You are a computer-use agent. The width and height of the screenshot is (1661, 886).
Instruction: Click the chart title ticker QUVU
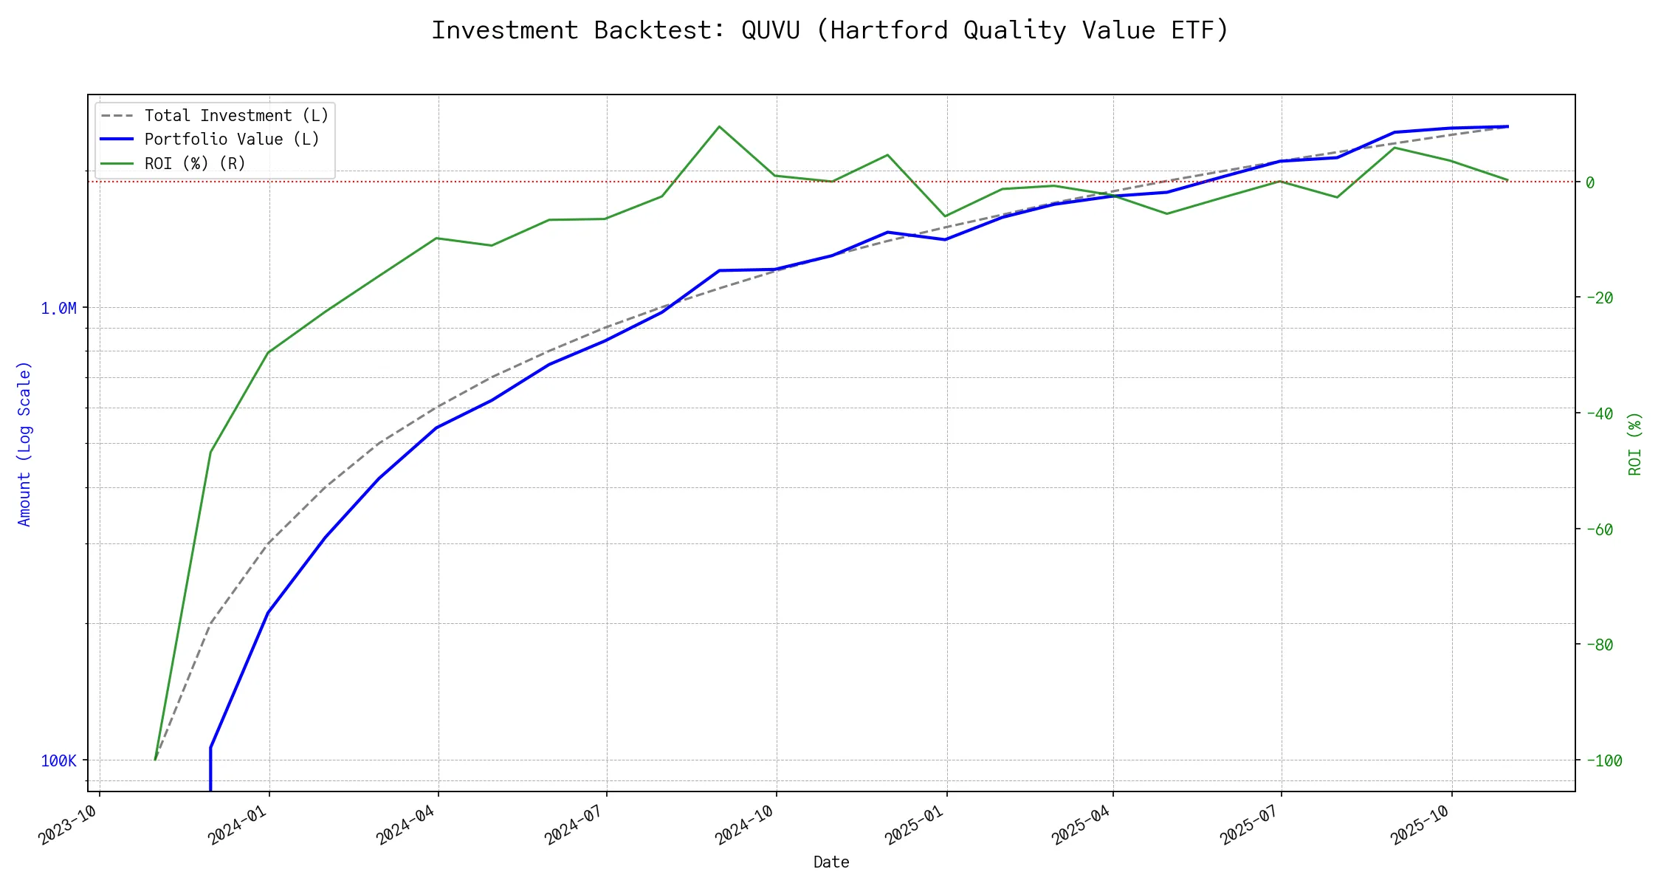tap(770, 30)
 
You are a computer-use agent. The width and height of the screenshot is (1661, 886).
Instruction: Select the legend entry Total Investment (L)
tap(236, 116)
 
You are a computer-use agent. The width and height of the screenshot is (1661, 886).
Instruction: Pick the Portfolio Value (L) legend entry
tap(232, 140)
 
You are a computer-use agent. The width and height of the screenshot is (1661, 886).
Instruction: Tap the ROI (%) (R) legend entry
tap(195, 163)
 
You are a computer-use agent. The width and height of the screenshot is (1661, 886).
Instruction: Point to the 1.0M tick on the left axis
tap(59, 309)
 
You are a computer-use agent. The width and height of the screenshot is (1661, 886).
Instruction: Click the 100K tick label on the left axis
tap(59, 760)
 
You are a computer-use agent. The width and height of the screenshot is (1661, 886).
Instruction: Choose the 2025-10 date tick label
tap(1420, 825)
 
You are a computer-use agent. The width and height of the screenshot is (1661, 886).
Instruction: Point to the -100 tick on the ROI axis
tap(1603, 760)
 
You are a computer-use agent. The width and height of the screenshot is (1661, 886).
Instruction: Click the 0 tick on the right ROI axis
tap(1590, 182)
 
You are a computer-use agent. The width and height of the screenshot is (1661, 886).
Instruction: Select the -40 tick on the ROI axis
tap(1599, 413)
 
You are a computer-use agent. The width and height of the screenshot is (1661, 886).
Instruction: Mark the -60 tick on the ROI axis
tap(1599, 529)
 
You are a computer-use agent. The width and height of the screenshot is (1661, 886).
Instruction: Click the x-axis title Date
tap(831, 862)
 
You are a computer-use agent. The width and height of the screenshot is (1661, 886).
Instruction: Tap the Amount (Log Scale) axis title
tap(25, 443)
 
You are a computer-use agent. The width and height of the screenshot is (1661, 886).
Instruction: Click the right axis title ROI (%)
tap(1635, 443)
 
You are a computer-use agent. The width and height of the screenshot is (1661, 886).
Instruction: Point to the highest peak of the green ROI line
tap(719, 126)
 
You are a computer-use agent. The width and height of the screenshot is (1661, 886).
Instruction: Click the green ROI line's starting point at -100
tap(155, 759)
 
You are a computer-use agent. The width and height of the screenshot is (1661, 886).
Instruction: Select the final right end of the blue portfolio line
tap(1507, 126)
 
